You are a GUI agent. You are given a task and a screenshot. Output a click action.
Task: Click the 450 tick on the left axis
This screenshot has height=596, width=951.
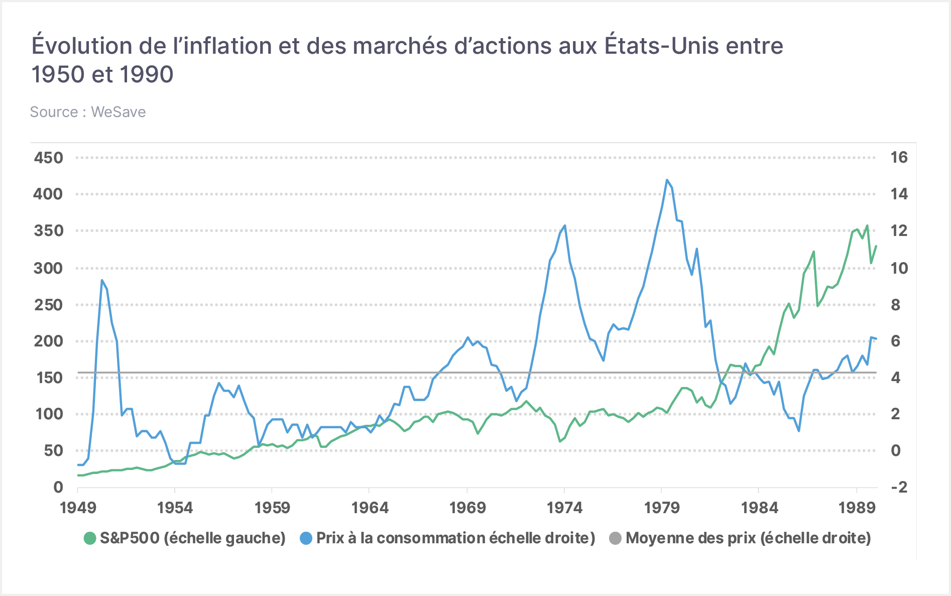tap(48, 158)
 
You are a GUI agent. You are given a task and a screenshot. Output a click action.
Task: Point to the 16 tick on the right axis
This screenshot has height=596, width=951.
tap(899, 158)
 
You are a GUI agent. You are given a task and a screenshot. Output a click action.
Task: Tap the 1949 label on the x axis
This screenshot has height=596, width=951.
tap(78, 508)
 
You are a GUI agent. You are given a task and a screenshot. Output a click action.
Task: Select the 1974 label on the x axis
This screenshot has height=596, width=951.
tap(564, 508)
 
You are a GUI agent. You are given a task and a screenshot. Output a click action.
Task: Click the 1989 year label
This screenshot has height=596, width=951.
tap(857, 508)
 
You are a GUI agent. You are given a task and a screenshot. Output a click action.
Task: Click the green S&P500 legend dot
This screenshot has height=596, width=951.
tap(89, 539)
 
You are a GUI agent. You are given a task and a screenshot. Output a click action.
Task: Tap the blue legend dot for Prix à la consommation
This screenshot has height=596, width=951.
tap(306, 539)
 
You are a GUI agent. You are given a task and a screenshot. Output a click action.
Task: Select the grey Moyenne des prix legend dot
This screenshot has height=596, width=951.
tap(615, 539)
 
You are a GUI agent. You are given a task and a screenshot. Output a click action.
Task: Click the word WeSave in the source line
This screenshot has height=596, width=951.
tap(118, 112)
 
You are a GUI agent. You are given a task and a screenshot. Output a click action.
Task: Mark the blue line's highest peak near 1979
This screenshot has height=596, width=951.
tap(667, 180)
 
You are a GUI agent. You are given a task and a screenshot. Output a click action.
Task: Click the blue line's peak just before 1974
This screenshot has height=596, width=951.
tap(565, 225)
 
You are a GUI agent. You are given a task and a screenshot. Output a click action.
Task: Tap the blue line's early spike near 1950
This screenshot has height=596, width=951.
tap(102, 280)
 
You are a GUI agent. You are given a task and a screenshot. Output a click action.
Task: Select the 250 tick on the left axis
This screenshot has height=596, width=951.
tap(48, 304)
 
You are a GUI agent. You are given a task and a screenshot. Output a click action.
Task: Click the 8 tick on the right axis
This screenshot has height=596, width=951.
tap(895, 304)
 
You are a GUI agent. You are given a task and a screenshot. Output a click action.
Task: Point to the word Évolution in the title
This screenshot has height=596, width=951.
tap(82, 46)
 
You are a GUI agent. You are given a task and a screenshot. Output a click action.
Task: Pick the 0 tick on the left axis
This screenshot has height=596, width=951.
tap(58, 487)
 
